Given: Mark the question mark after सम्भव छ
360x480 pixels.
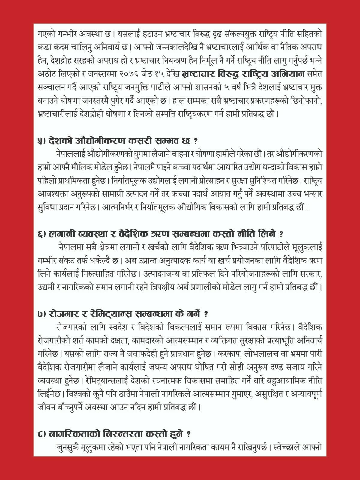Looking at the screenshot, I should click(196, 141).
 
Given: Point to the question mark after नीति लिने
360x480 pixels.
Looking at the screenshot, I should click(280, 234).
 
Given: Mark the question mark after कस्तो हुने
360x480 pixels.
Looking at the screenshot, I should click(188, 434).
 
